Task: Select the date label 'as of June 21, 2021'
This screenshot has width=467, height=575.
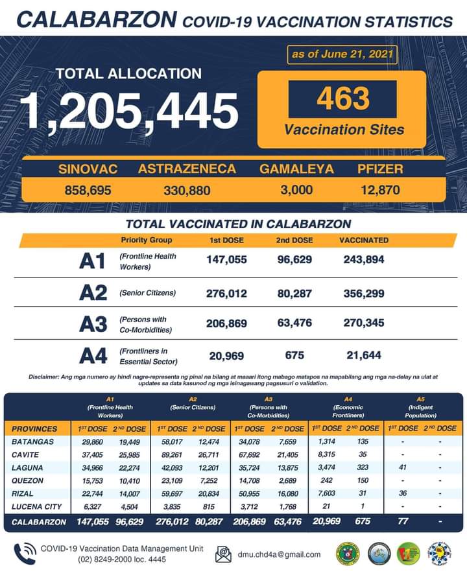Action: (342, 54)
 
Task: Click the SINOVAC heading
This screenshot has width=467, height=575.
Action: (88, 169)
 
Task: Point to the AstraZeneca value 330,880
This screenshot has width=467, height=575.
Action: (186, 191)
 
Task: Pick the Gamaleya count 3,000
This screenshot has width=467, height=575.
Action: (296, 191)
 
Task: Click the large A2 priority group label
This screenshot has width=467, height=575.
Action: (93, 293)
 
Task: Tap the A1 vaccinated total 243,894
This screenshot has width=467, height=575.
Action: (363, 260)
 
